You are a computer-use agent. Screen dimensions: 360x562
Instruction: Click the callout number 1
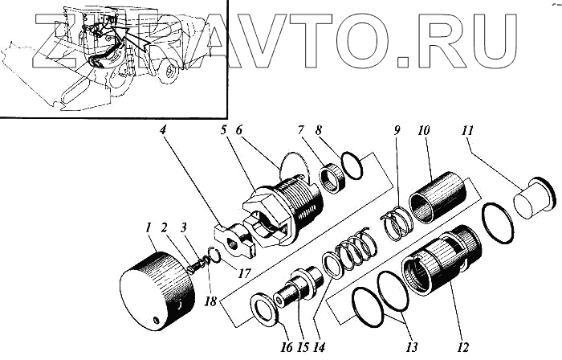click(149, 230)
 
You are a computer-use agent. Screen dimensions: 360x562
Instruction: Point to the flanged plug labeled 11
click(532, 198)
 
